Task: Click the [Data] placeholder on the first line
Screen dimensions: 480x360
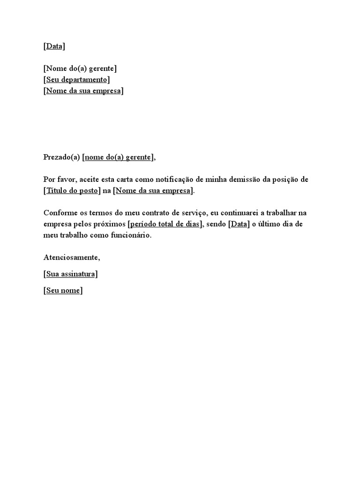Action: pos(54,46)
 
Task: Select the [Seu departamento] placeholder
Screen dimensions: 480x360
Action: pos(77,80)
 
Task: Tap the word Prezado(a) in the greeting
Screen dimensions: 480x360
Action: pos(62,157)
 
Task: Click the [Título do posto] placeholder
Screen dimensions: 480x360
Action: pos(72,191)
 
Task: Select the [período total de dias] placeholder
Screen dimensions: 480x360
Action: pos(165,224)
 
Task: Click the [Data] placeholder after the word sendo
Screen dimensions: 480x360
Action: pos(239,224)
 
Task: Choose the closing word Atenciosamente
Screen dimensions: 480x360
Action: pos(72,257)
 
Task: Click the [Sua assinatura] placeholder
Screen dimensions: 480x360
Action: pos(71,274)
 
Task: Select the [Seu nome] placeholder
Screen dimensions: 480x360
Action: pos(63,291)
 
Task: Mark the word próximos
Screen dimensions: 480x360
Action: pos(110,224)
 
